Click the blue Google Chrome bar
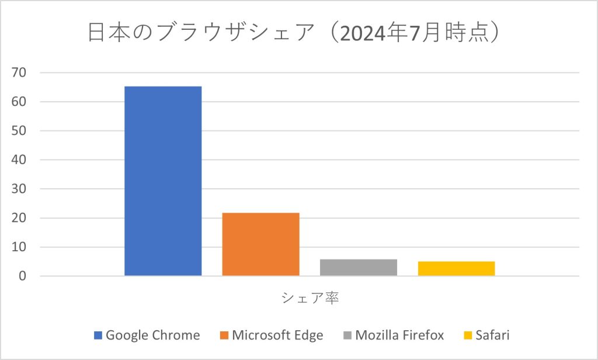pyautogui.click(x=163, y=181)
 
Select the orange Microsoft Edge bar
pyautogui.click(x=260, y=244)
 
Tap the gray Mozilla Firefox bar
pyautogui.click(x=359, y=267)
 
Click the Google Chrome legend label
pyautogui.click(x=153, y=335)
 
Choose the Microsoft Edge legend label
pyautogui.click(x=277, y=335)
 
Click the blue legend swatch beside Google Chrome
pyautogui.click(x=98, y=335)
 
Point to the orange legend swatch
pyautogui.click(x=224, y=335)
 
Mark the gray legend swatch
pyautogui.click(x=347, y=335)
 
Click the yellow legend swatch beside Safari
pyautogui.click(x=467, y=335)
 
